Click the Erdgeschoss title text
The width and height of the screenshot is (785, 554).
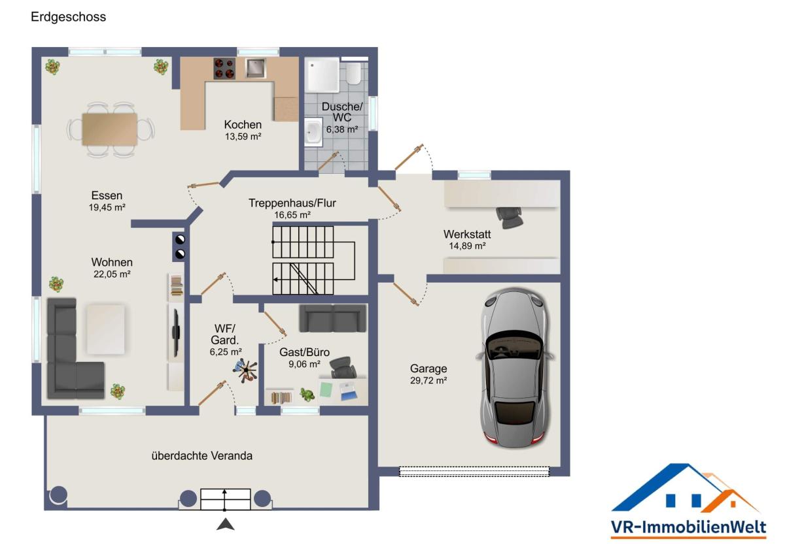coord(68,17)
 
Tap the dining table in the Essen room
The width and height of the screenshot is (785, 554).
coord(110,129)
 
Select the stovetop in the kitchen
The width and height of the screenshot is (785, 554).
coord(224,68)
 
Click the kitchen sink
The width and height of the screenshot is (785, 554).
coord(256,68)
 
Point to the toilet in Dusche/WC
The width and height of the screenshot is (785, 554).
coord(353,73)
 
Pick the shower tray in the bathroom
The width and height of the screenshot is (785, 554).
coord(322,75)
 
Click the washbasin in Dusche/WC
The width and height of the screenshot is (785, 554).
coord(313,131)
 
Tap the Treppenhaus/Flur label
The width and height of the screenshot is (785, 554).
coord(292,203)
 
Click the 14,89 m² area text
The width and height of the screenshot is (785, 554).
coord(467,246)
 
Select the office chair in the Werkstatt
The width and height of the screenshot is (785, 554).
coord(510,218)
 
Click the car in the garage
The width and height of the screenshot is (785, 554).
coord(515,367)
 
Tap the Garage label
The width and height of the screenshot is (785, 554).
coord(428,368)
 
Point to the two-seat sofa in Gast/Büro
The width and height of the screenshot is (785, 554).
coord(332,318)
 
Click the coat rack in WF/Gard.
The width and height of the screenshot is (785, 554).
coord(246,370)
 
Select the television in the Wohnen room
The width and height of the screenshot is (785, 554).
coord(176,333)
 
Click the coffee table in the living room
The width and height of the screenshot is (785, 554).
coord(105,330)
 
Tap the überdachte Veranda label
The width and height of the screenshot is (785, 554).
coord(202,456)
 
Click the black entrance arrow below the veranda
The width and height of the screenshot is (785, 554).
coord(225,524)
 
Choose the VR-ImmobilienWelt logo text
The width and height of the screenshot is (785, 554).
coord(688,527)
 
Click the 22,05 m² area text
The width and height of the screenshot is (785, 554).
coord(112,274)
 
